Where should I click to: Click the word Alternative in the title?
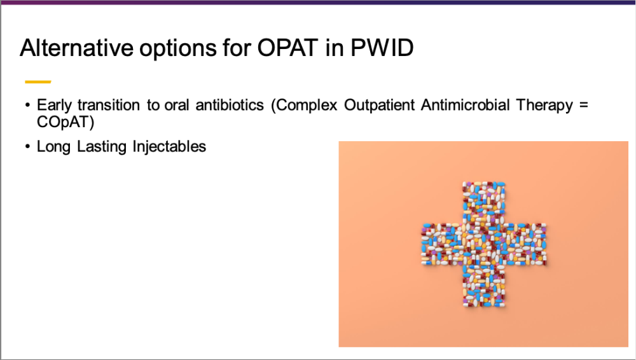[76, 48]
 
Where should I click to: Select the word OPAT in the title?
[287, 48]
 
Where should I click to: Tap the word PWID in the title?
[382, 48]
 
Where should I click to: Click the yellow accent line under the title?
[38, 82]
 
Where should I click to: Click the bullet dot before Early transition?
[27, 106]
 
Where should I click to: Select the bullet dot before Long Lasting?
[27, 146]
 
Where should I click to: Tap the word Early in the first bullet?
[54, 106]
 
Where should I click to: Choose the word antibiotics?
[230, 105]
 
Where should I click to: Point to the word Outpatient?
[379, 106]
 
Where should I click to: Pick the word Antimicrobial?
[466, 105]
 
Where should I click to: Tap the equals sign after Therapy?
[584, 106]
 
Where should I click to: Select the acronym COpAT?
[66, 122]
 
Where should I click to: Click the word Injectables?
[170, 147]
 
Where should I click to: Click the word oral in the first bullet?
[177, 105]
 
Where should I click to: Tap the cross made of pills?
[484, 244]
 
